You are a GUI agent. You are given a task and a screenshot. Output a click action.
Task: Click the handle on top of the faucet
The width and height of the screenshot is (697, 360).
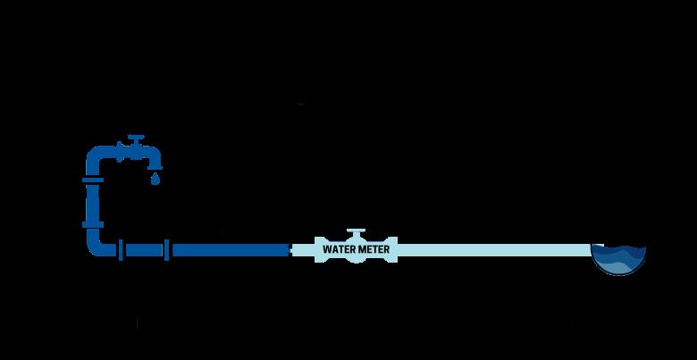point(135,139)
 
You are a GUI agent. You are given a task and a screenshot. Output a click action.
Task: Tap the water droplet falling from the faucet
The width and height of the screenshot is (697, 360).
point(155,179)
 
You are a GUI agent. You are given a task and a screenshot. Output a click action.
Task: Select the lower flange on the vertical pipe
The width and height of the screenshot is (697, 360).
point(93,222)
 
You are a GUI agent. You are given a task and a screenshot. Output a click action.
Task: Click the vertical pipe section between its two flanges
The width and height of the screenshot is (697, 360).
point(93,202)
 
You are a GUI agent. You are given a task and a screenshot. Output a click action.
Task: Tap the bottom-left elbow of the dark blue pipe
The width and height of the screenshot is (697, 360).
point(96,246)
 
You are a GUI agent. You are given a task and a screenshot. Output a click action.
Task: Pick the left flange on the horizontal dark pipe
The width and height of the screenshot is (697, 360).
point(122,249)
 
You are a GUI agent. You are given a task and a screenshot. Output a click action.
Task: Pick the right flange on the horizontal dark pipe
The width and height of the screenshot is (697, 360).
point(168,249)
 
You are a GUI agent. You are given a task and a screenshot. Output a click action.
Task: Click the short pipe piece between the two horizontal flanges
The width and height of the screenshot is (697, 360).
point(145,249)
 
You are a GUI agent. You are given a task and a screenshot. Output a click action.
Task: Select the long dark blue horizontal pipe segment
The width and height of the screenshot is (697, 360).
point(228,249)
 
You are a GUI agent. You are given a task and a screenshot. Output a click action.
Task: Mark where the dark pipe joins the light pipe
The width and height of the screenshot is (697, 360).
point(290,249)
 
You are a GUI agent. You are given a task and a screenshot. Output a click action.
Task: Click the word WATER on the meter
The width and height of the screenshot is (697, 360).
point(339,249)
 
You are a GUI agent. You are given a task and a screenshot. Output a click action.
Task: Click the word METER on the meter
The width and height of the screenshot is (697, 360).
point(374,249)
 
